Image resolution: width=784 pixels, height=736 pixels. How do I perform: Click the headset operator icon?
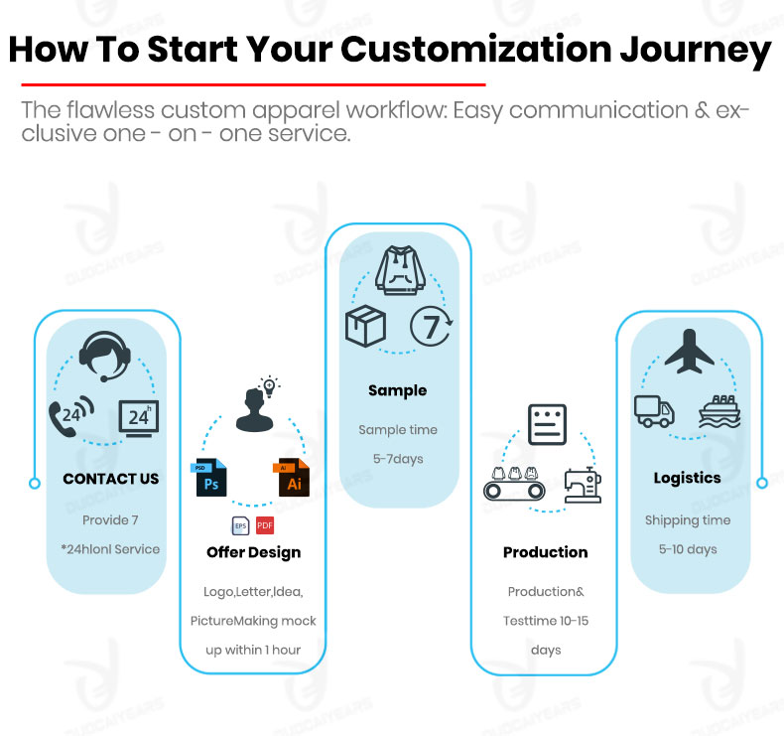click(x=105, y=357)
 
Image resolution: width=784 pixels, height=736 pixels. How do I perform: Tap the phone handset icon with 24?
click(x=71, y=416)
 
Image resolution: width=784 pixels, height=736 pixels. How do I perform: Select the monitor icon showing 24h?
click(x=139, y=418)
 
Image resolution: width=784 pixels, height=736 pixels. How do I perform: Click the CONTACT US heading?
click(x=111, y=479)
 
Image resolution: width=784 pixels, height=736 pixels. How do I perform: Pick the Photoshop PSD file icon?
click(x=208, y=478)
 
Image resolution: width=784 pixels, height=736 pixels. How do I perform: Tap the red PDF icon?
click(x=265, y=525)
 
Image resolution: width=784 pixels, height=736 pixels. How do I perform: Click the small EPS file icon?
click(x=240, y=525)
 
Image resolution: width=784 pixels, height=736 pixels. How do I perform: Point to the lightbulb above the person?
click(x=269, y=386)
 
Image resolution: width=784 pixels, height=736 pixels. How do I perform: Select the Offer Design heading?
click(x=253, y=552)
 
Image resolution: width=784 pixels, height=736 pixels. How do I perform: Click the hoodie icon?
click(x=401, y=270)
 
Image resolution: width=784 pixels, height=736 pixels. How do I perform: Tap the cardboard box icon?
click(x=365, y=326)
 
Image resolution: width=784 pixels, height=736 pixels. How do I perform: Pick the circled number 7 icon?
click(x=431, y=327)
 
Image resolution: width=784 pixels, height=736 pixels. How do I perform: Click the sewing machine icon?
click(x=583, y=485)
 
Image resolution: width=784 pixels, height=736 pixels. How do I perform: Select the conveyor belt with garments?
click(x=514, y=484)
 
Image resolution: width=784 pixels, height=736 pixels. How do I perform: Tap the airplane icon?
click(x=689, y=352)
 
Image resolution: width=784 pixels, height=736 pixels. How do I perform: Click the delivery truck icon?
click(x=655, y=411)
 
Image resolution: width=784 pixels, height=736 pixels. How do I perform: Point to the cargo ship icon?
click(x=719, y=412)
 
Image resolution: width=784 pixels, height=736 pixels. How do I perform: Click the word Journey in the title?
click(x=696, y=51)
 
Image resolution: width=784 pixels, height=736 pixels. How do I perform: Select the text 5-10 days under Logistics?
click(x=688, y=549)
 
